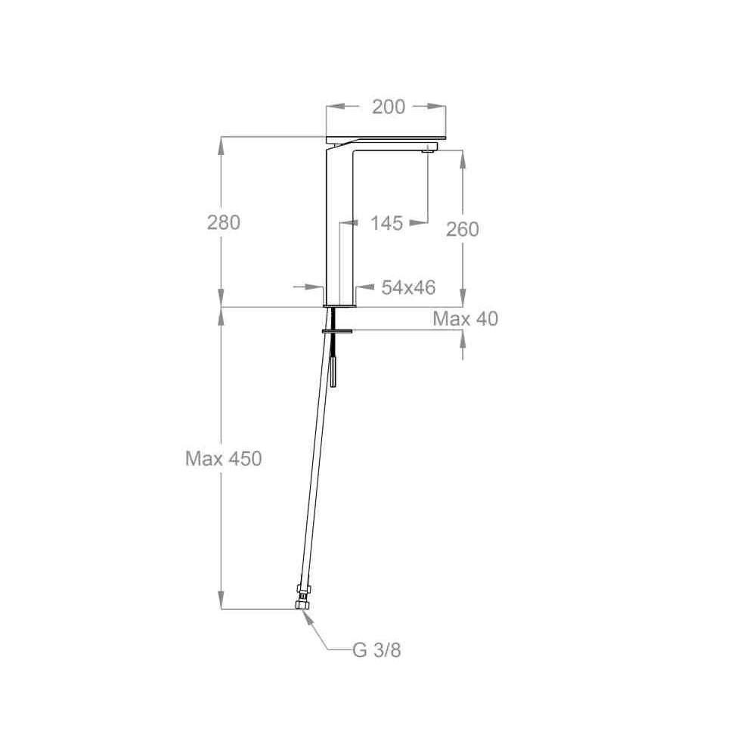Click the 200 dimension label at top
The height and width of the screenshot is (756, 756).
click(389, 107)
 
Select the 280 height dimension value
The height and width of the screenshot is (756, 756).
click(224, 222)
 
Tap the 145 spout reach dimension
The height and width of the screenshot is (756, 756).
click(386, 223)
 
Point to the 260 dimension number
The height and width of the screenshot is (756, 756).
click(463, 229)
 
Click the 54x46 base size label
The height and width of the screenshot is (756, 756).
click(408, 287)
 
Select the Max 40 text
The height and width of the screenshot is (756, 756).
click(465, 319)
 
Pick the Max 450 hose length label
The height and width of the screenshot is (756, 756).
click(224, 459)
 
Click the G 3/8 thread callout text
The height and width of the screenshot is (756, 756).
click(376, 650)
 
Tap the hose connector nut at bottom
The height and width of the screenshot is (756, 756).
click(302, 598)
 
